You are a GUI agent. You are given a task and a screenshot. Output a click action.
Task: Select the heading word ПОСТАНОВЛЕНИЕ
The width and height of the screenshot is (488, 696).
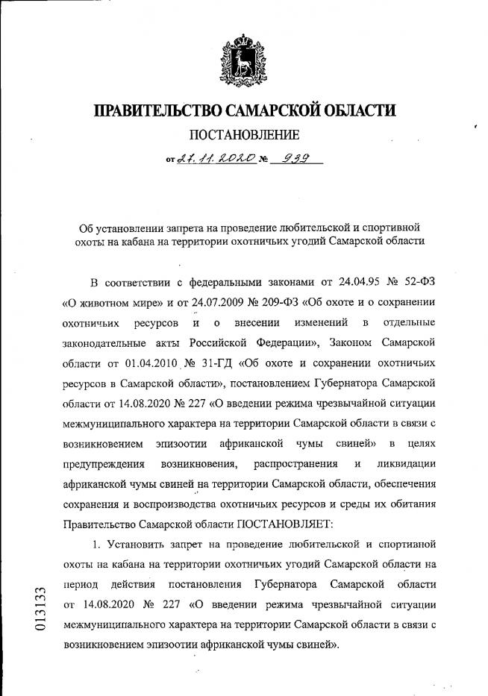[x=244, y=135]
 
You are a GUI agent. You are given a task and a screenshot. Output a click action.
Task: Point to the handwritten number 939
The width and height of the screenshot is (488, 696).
[x=293, y=157]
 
